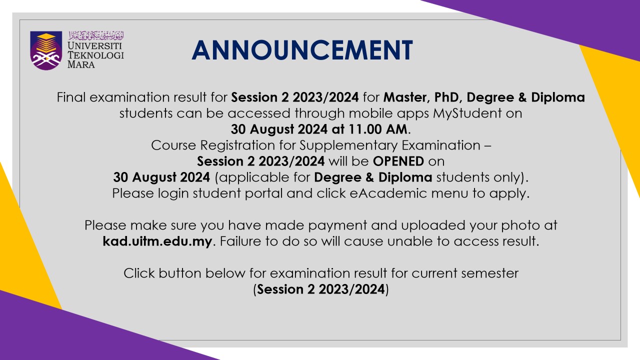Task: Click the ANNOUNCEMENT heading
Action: pyautogui.click(x=302, y=50)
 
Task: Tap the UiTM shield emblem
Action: pyautogui.click(x=46, y=50)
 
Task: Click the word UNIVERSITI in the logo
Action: pyautogui.click(x=95, y=45)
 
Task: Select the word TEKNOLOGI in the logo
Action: pyautogui.click(x=95, y=55)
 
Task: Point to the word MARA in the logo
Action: pyautogui.click(x=81, y=64)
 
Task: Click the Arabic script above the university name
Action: pyautogui.click(x=96, y=35)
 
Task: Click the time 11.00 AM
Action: pyautogui.click(x=377, y=129)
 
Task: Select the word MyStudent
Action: pyautogui.click(x=467, y=113)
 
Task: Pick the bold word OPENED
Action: pyautogui.click(x=398, y=161)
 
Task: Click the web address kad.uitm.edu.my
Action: pyautogui.click(x=157, y=241)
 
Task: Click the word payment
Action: pyautogui.click(x=337, y=225)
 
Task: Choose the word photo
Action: pyautogui.click(x=520, y=225)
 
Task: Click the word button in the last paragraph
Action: pyautogui.click(x=180, y=273)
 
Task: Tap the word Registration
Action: pyautogui.click(x=237, y=145)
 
